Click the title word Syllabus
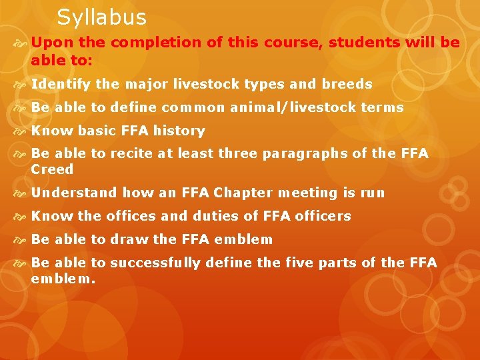tap(101, 17)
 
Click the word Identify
tap(61, 85)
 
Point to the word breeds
tap(347, 85)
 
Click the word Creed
tap(52, 169)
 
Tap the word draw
tap(129, 240)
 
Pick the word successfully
tap(155, 263)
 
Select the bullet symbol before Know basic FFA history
tap(21, 131)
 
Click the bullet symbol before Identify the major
tap(21, 85)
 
